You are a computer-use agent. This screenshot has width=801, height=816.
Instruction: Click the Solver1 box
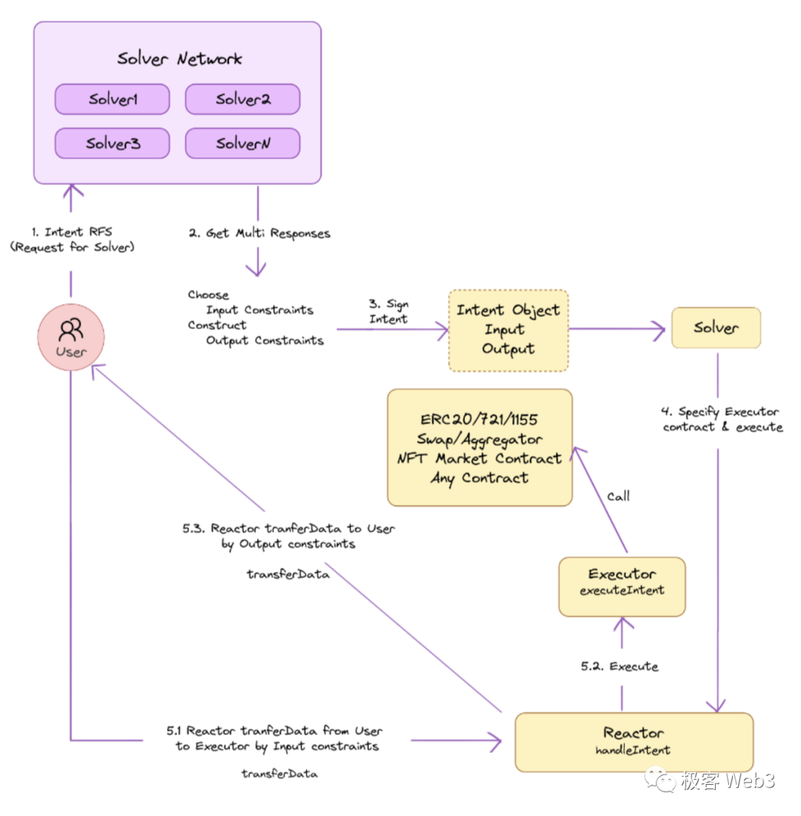tap(113, 99)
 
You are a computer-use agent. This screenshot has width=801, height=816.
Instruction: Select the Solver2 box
tap(243, 99)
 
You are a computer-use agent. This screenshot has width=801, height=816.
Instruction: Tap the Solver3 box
tap(113, 143)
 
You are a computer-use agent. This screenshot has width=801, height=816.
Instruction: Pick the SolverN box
tap(243, 143)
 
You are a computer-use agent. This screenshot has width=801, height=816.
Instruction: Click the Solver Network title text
tap(179, 59)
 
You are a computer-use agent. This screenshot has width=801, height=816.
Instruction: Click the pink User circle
tap(71, 337)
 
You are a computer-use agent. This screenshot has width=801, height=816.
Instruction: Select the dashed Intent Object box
tap(508, 330)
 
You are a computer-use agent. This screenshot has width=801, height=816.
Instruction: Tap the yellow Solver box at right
tap(716, 327)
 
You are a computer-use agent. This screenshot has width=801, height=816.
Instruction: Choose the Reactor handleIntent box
tap(633, 740)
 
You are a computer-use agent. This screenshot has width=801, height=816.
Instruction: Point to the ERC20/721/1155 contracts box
tap(480, 448)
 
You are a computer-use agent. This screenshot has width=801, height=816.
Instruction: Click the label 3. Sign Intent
tap(389, 312)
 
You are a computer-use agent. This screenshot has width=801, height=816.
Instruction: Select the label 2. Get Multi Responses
tap(259, 233)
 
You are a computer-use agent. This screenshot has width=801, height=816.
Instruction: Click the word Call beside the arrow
tap(619, 496)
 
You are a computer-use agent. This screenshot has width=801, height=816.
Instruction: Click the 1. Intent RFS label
tap(72, 240)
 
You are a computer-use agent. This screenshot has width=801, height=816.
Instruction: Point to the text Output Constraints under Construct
tap(264, 341)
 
